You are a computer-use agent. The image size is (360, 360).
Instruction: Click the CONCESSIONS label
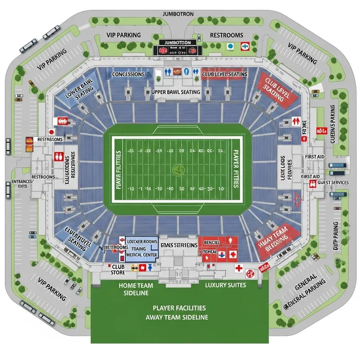tap(128, 74)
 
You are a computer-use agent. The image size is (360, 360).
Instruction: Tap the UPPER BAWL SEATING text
tap(176, 92)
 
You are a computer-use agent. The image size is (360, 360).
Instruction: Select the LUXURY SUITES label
tap(225, 285)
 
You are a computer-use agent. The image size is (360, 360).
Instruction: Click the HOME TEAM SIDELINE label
tap(136, 289)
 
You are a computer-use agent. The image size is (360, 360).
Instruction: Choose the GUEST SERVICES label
tap(333, 183)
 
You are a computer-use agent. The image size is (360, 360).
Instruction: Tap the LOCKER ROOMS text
tap(142, 242)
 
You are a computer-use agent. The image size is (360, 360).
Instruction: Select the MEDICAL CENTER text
tap(142, 255)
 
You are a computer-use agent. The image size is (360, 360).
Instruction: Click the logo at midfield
tap(179, 170)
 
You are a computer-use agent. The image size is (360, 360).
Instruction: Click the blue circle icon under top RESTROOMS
tap(230, 45)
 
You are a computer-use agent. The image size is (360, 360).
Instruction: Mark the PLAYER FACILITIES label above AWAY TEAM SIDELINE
tap(179, 308)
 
